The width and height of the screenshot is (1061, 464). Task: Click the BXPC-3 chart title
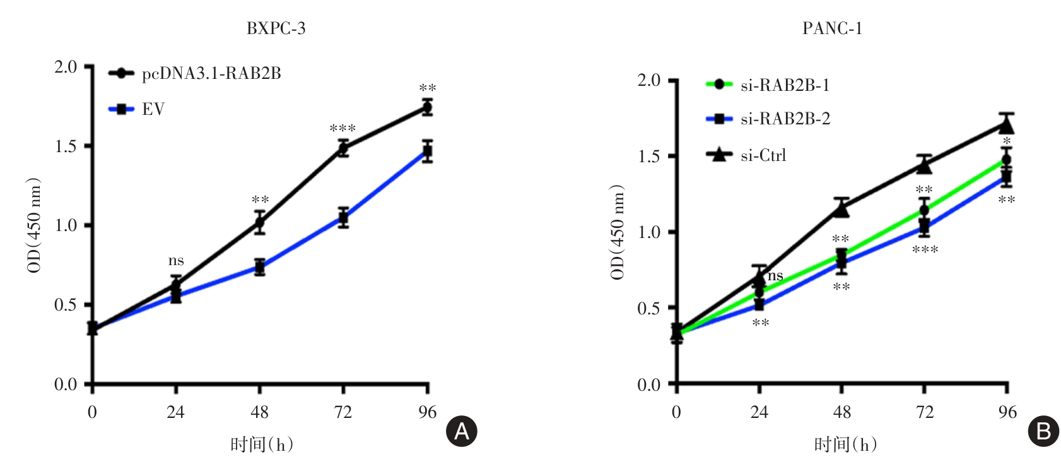tap(276, 28)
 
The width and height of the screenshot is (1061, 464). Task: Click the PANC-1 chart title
tap(832, 28)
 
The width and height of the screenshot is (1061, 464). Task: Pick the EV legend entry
tap(153, 109)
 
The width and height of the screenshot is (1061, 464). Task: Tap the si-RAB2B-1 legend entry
tap(785, 85)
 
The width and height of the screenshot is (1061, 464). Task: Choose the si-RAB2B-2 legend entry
tap(785, 119)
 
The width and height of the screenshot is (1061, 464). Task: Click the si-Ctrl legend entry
tap(763, 155)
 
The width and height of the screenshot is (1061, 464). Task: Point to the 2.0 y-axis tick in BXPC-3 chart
tap(66, 67)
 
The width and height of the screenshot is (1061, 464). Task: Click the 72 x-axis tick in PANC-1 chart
tap(924, 412)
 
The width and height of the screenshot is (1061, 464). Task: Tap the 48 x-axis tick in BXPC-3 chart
tap(259, 412)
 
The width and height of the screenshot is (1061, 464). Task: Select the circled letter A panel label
tap(462, 431)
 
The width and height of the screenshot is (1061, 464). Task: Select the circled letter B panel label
tap(1043, 431)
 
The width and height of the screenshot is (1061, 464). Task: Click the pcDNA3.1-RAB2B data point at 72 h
tap(343, 149)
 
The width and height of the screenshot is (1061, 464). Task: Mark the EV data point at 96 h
tap(428, 152)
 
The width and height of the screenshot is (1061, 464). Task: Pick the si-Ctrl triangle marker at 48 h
tap(841, 209)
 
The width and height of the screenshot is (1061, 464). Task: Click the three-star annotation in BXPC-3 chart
tap(343, 129)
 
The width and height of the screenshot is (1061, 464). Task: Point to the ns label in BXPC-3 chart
tap(176, 261)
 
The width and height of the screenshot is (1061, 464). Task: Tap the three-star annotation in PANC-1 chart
tap(925, 250)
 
